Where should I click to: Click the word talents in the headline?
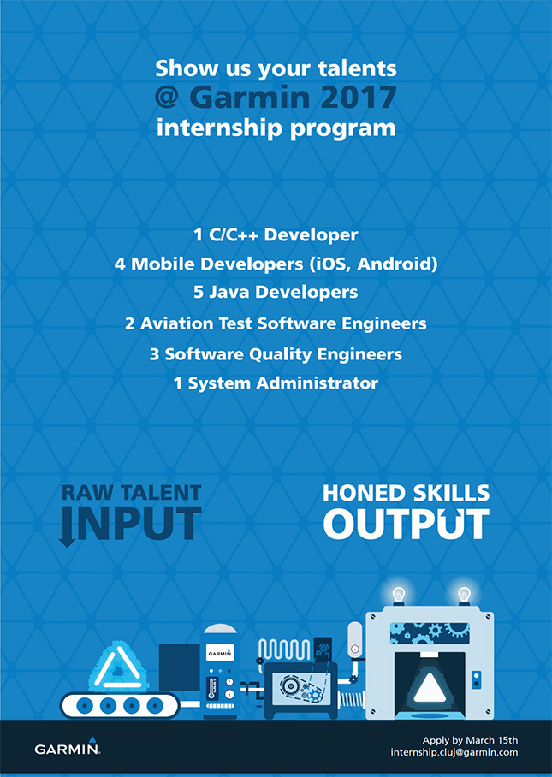pos(357,68)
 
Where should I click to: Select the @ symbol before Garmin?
pos(168,98)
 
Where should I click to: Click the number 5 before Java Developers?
pos(199,292)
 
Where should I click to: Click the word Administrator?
pos(318,383)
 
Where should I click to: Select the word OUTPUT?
pos(407,524)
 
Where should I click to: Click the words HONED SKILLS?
pos(407,493)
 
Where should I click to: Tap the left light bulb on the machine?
pos(399,595)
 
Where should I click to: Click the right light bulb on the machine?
pos(464,595)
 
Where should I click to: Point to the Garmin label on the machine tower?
pos(219,653)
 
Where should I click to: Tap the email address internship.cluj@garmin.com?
pos(454,752)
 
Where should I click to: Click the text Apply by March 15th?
pos(470,740)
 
